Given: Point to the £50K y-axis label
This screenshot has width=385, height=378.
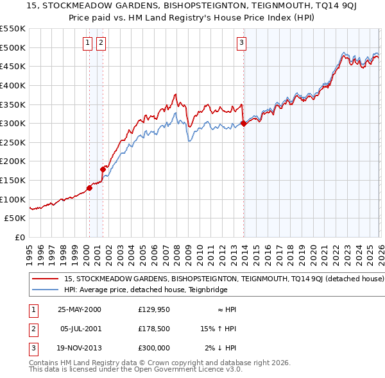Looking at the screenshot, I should point(15,218).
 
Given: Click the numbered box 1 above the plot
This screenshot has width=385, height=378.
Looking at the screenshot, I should point(87,43).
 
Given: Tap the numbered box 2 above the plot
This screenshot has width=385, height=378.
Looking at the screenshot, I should point(101,43).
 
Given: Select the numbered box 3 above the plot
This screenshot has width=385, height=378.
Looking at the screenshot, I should point(241,43).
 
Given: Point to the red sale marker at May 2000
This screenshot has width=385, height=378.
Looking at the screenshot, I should point(90,188).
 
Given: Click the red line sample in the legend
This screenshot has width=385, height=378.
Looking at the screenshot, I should point(46,279).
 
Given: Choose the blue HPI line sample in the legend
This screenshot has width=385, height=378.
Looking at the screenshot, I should point(46,290).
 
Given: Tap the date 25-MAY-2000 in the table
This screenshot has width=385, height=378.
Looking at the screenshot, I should point(80,309).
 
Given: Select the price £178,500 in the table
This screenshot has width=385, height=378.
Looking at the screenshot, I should point(154,329).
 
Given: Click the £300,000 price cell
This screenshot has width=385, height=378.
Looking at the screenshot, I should point(154,348).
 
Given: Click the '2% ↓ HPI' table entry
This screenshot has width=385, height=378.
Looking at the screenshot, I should point(221,348).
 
